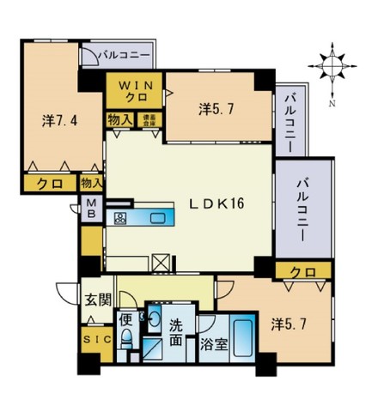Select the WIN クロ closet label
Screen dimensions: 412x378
(132, 91)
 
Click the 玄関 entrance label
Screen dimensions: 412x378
(97, 300)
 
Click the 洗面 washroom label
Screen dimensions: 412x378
(174, 331)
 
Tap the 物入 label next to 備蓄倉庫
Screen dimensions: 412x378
(119, 120)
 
